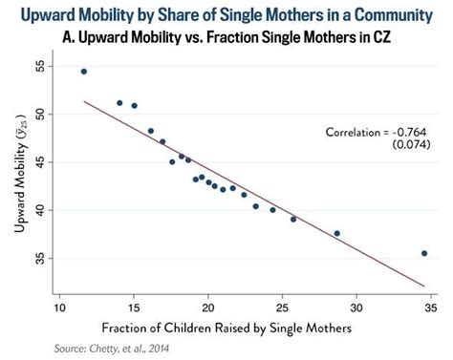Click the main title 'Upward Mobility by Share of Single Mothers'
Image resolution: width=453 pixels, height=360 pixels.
coord(226,13)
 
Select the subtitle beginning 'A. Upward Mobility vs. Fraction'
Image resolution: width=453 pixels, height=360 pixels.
coord(226,38)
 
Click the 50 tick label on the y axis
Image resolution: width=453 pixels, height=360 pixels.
coord(40,114)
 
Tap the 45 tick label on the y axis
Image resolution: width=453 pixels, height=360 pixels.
coord(40,161)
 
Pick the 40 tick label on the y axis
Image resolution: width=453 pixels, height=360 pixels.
coord(40,209)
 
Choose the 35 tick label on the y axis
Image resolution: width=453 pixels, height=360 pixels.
coord(40,258)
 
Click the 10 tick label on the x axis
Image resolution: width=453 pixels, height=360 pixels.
coord(59,307)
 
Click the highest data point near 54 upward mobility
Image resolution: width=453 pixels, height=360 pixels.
coord(84,72)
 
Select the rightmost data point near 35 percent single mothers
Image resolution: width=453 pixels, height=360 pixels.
coord(424,253)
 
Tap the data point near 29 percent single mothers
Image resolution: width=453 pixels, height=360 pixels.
coord(336,233)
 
